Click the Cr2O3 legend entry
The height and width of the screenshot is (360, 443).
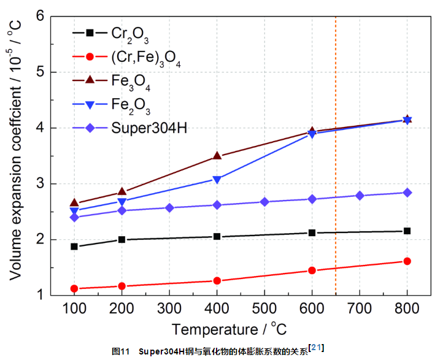coord(130,33)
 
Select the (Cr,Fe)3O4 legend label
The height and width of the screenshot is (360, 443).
coord(146,58)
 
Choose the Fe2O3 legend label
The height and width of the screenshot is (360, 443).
coord(131,105)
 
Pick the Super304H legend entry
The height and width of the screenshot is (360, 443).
coord(149,128)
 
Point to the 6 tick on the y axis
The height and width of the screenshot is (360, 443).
coord(40,16)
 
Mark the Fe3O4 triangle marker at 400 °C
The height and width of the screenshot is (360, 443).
coord(217,156)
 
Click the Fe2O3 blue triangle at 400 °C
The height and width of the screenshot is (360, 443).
coord(217,180)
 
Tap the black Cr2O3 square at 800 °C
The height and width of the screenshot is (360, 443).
coord(407,231)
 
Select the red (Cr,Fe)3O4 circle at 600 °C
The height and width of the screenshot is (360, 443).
coord(312,270)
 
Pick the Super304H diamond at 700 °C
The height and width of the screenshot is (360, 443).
coord(360,196)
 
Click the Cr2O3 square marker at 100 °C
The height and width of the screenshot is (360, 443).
coord(74,247)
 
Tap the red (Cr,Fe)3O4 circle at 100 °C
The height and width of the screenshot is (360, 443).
coord(74,288)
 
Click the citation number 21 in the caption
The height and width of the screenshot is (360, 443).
coord(317,348)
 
